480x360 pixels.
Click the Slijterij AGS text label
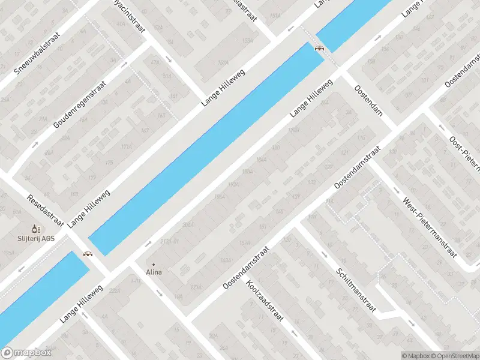coord(35,238)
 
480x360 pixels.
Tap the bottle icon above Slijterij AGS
coord(35,229)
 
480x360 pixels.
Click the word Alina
coord(154,272)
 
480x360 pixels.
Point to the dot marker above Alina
coord(154,264)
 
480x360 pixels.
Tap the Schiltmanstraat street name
coord(356,290)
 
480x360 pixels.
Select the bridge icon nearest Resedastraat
coord(89,254)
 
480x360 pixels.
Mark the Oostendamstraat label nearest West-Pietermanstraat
coord(358,167)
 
